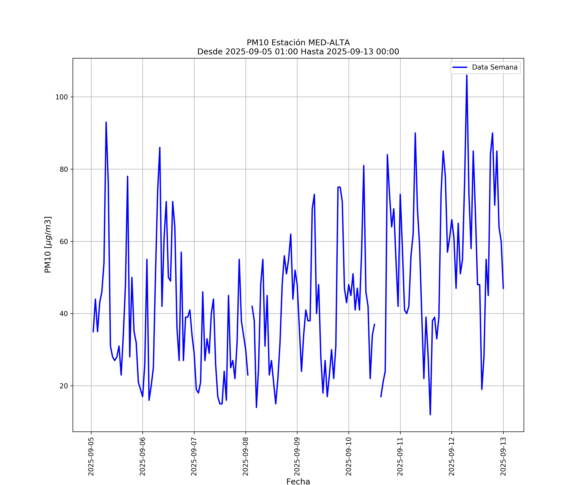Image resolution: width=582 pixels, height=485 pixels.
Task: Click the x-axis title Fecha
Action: (298, 482)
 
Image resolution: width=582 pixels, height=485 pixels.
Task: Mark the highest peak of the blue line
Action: (467, 75)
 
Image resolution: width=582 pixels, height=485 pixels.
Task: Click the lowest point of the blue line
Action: (430, 415)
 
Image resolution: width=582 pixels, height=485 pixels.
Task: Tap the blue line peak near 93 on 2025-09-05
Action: (106, 122)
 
